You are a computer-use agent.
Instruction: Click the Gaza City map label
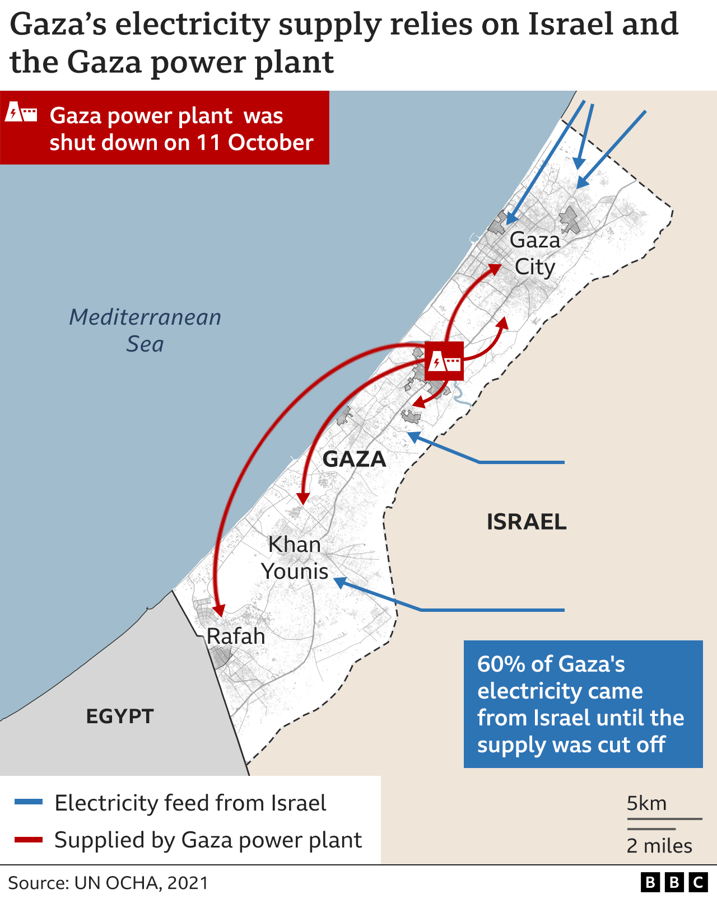(x=534, y=254)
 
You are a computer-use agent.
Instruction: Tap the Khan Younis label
(x=295, y=558)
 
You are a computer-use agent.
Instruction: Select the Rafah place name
(x=235, y=636)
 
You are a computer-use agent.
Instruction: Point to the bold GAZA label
(x=354, y=459)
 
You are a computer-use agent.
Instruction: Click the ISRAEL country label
(x=526, y=522)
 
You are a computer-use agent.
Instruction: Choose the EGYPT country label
(x=120, y=716)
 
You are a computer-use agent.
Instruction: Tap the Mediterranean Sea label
(x=145, y=330)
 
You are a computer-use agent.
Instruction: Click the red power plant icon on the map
(x=444, y=361)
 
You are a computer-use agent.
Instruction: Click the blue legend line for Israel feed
(x=29, y=802)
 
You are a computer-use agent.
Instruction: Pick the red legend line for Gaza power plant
(x=29, y=839)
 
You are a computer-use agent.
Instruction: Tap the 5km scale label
(x=646, y=803)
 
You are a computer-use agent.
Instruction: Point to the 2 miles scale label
(x=659, y=845)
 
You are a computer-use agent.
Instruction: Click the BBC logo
(x=674, y=883)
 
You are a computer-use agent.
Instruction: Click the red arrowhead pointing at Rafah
(x=219, y=611)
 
